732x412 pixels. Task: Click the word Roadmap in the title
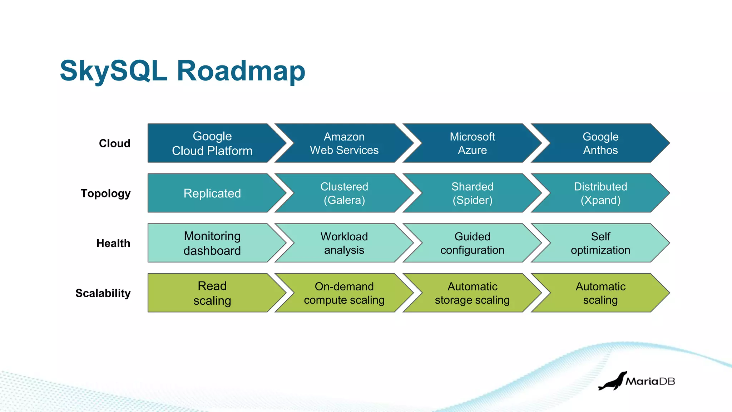coord(241,71)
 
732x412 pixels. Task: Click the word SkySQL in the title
coord(114,71)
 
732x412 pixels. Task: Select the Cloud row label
coord(114,143)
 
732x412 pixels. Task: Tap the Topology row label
coord(105,193)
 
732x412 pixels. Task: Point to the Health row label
coord(113,244)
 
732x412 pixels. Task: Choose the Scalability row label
coord(103,293)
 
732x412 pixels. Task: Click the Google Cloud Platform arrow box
coord(212,143)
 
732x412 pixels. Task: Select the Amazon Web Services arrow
coord(344,143)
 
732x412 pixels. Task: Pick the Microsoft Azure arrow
coord(472,143)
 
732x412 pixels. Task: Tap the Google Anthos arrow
coord(600,143)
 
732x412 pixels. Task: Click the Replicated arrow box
coord(212,193)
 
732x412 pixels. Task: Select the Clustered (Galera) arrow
coord(344,193)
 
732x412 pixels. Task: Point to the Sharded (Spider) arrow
coord(472,193)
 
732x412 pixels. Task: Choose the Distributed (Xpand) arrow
coord(600,193)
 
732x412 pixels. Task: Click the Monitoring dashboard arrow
coord(212,244)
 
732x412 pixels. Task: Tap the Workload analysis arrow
coord(344,244)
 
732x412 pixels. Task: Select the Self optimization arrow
coord(600,244)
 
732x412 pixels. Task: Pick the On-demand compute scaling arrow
coord(344,293)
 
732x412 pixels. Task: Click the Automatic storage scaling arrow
coord(472,293)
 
